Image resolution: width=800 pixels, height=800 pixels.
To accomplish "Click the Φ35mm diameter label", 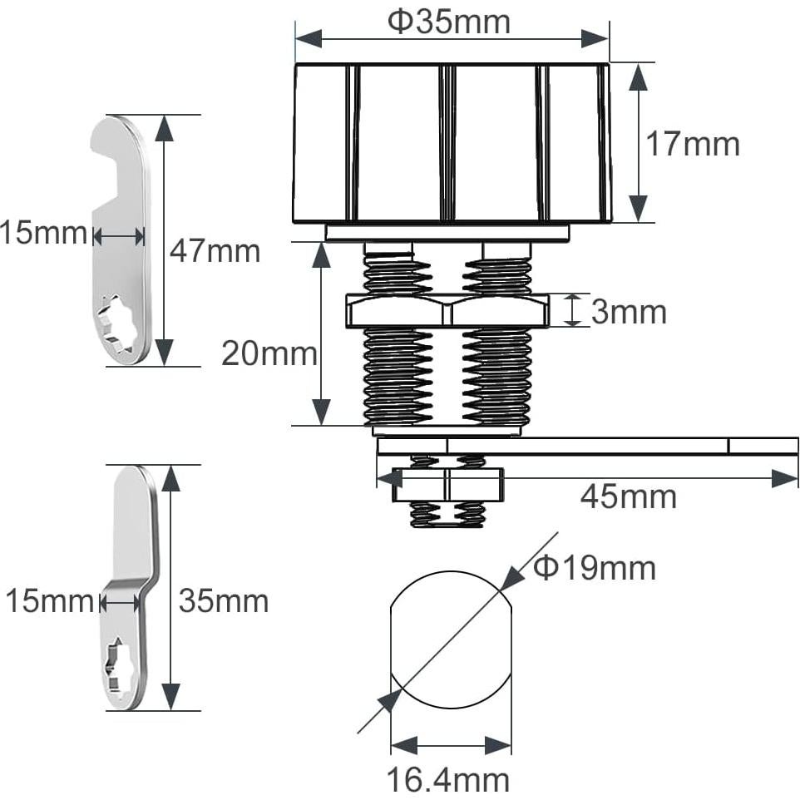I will (x=449, y=22).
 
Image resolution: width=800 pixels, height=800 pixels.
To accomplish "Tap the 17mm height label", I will (x=693, y=144).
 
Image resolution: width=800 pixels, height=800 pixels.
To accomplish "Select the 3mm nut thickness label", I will (x=629, y=312).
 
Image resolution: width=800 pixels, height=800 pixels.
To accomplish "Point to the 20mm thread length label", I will (x=269, y=354).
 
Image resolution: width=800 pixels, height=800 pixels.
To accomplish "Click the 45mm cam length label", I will (x=628, y=497).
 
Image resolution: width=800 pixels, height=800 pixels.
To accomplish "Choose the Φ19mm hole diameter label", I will (x=595, y=568).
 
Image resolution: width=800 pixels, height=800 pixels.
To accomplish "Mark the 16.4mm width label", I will (x=447, y=780).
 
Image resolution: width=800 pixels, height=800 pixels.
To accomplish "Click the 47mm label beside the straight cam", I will (x=215, y=250).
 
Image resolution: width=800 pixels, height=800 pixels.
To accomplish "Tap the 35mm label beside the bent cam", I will (x=223, y=600).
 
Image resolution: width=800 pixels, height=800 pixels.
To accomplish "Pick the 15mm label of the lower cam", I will (x=48, y=600).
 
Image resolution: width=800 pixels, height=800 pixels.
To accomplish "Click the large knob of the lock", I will (x=452, y=143).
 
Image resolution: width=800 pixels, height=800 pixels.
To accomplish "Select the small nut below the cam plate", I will (x=447, y=485).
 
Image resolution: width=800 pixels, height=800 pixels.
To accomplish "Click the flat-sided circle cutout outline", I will (x=449, y=640).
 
